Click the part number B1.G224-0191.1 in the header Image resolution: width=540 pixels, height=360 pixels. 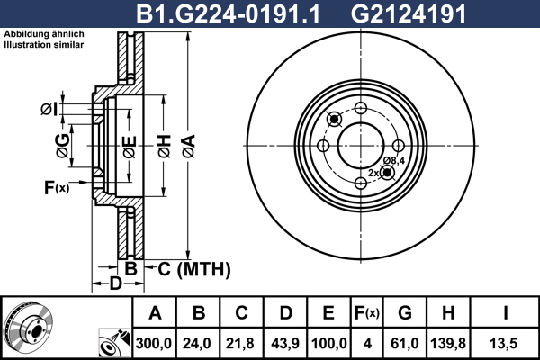coord(229,13)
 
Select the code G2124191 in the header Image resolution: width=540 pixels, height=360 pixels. coord(409,13)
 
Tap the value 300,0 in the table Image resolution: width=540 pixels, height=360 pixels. coord(154,344)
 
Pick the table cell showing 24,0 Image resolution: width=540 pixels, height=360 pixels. coord(197,344)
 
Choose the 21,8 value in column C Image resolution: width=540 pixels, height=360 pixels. coord(240,344)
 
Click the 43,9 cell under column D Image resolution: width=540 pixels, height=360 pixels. coord(285,344)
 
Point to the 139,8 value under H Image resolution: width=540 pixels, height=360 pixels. coord(448,344)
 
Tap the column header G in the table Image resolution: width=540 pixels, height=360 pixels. coord(405,313)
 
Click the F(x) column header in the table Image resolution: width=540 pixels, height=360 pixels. coord(367,313)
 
